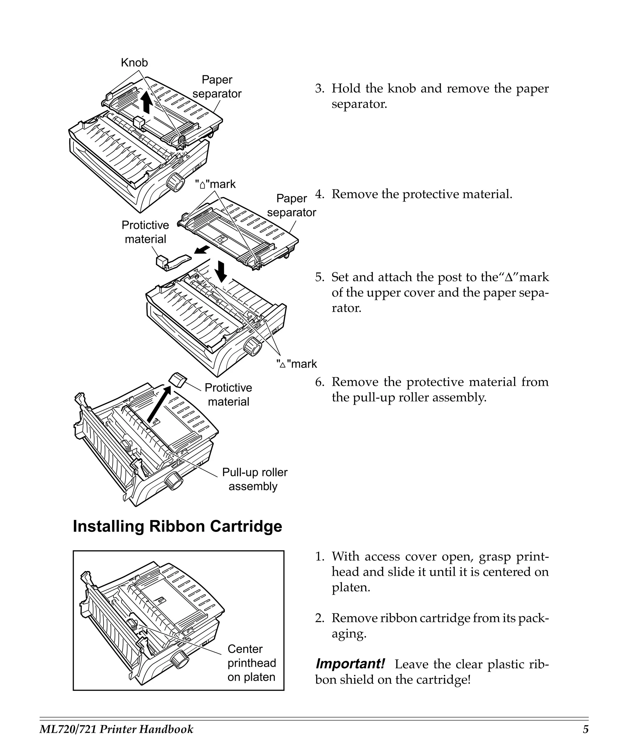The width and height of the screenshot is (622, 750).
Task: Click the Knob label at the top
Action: coord(134,63)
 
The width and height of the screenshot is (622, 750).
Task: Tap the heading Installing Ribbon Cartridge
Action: coord(177,526)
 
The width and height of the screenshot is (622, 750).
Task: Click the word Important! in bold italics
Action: coord(350,664)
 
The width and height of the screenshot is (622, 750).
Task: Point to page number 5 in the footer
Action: coord(585,729)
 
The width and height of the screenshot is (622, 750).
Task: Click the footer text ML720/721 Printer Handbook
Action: coord(116,729)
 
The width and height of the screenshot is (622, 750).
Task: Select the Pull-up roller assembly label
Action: coord(255,479)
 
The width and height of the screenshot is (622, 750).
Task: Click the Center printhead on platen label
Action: coord(251,663)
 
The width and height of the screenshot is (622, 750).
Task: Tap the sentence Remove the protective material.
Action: coord(422,194)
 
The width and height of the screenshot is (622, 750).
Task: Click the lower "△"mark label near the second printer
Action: coord(296,364)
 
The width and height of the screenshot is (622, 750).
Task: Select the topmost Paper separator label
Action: coord(217,87)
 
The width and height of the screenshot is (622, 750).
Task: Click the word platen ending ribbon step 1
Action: coord(351,587)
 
